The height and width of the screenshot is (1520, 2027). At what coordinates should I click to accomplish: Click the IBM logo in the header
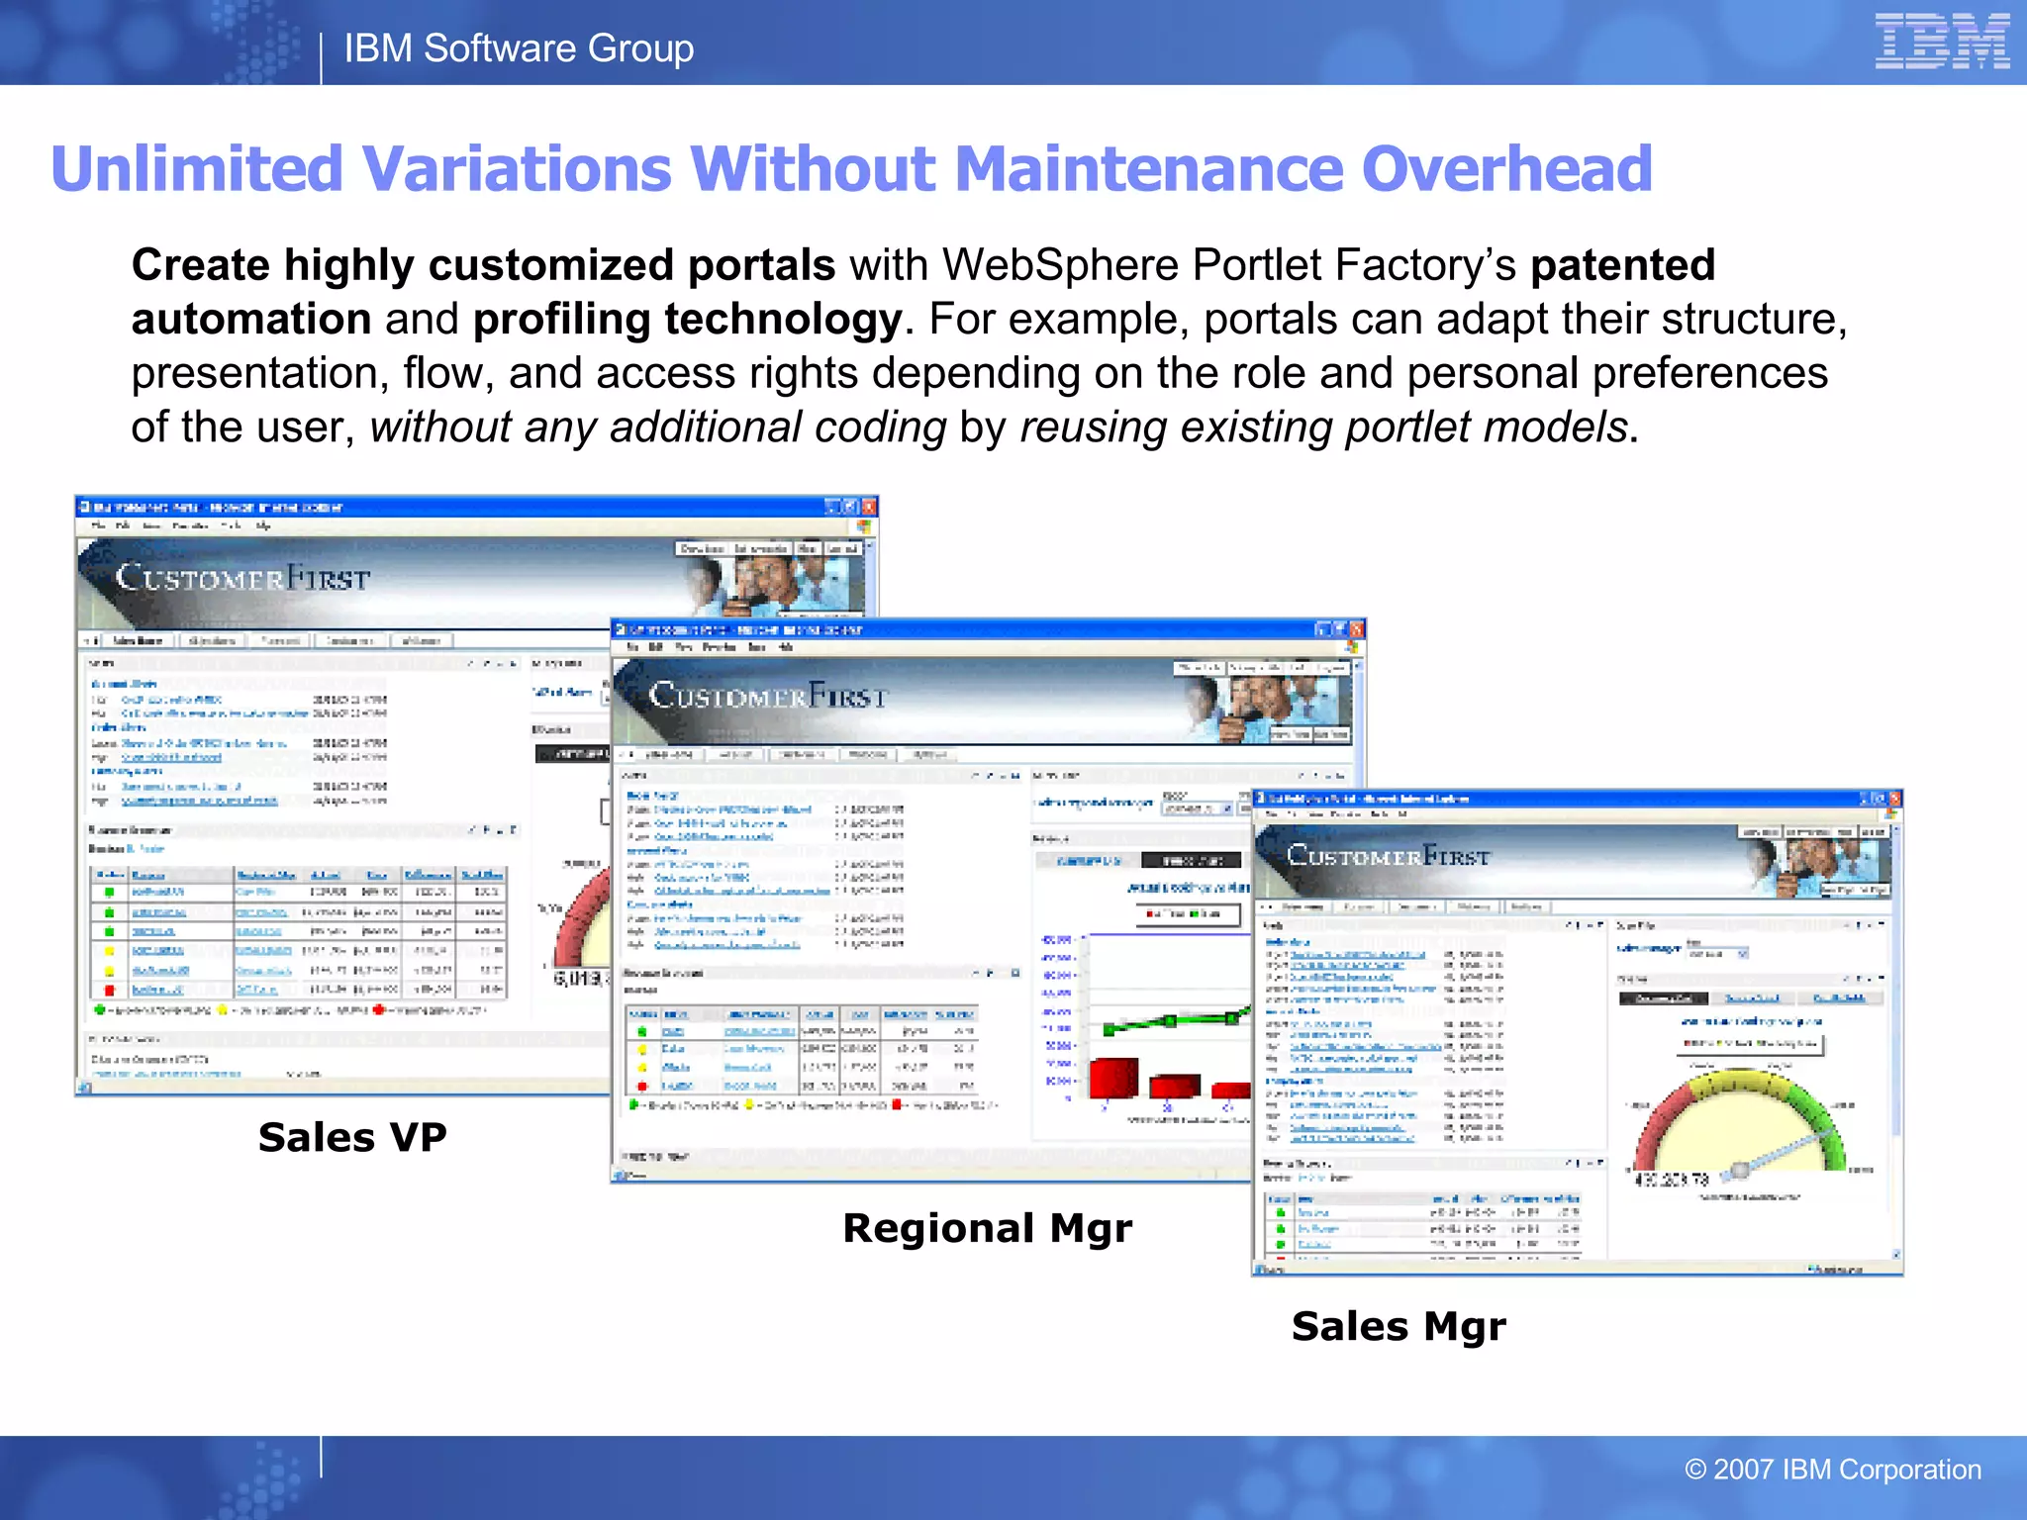coord(1941,42)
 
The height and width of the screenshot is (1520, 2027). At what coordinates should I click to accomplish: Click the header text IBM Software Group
coord(519,47)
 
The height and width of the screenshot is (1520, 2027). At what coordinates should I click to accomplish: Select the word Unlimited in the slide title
coord(196,169)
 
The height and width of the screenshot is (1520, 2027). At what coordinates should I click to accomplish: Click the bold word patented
coord(1622,265)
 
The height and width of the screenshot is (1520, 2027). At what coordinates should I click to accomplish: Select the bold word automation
coord(251,320)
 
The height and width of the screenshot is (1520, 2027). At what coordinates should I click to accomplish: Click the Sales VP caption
coord(352,1137)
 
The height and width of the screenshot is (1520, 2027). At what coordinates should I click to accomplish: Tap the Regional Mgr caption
coord(987,1228)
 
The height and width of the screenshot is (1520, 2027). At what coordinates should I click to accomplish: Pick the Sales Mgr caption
coord(1399,1326)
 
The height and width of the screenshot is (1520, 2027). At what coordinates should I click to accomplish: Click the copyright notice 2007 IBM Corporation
coord(1833,1470)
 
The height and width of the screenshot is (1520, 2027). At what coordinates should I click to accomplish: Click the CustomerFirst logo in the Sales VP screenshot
coord(242,577)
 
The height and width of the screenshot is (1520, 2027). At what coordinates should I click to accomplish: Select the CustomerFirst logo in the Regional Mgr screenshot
coord(768,695)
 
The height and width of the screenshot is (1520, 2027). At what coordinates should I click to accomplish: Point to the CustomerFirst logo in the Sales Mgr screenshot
coord(1388,856)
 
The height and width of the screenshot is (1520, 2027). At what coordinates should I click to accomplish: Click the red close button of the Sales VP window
coord(869,507)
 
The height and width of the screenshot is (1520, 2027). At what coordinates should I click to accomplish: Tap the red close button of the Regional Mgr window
coord(1357,629)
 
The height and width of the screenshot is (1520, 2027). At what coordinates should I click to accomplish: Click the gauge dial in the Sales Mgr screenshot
coord(1741,1123)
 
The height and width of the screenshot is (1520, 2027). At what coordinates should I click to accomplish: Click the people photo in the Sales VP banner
coord(782,583)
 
